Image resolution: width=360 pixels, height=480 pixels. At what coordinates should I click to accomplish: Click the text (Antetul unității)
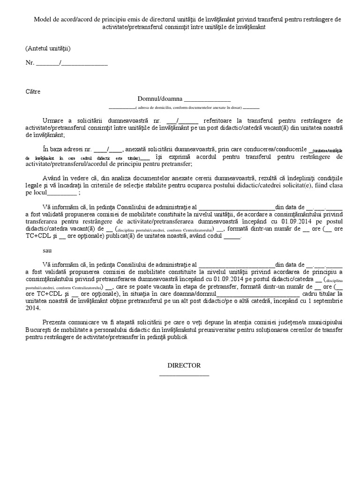pyautogui.click(x=48, y=48)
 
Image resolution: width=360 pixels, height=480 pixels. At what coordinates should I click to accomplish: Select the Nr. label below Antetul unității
pyautogui.click(x=30, y=63)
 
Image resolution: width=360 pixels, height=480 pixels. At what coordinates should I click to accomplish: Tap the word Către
pyautogui.click(x=33, y=91)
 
